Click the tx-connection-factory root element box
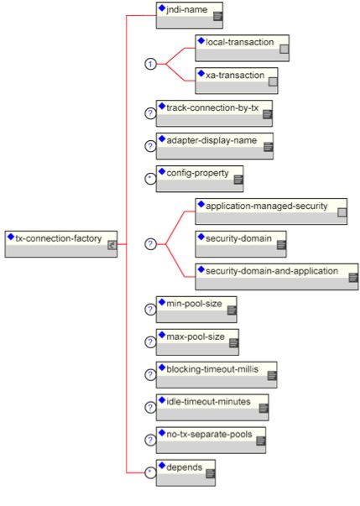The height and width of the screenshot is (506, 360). point(61,244)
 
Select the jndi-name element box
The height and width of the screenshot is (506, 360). point(190,15)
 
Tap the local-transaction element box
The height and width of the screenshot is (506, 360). point(242,48)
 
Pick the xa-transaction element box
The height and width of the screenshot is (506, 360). point(237,81)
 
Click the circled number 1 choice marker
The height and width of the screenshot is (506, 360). point(150,64)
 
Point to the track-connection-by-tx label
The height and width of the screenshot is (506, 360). point(212,107)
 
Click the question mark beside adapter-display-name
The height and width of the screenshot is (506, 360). point(150,146)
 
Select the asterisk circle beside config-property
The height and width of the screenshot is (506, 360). point(150,179)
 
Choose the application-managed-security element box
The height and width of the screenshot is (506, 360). point(271,211)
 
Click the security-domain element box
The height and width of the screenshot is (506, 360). point(241,244)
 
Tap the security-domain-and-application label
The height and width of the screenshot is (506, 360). point(272,271)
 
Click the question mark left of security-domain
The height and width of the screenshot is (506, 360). point(150,244)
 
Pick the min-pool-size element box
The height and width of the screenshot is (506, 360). point(196,310)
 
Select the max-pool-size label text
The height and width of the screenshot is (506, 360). point(196,336)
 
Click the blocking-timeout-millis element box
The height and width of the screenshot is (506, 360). point(217,374)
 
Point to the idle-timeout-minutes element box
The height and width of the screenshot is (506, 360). point(212,407)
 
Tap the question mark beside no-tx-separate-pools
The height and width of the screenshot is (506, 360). point(150,440)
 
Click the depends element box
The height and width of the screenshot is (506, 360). point(185,472)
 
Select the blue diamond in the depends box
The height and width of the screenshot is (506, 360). point(162,465)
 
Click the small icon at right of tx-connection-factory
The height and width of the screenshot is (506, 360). point(112,245)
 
